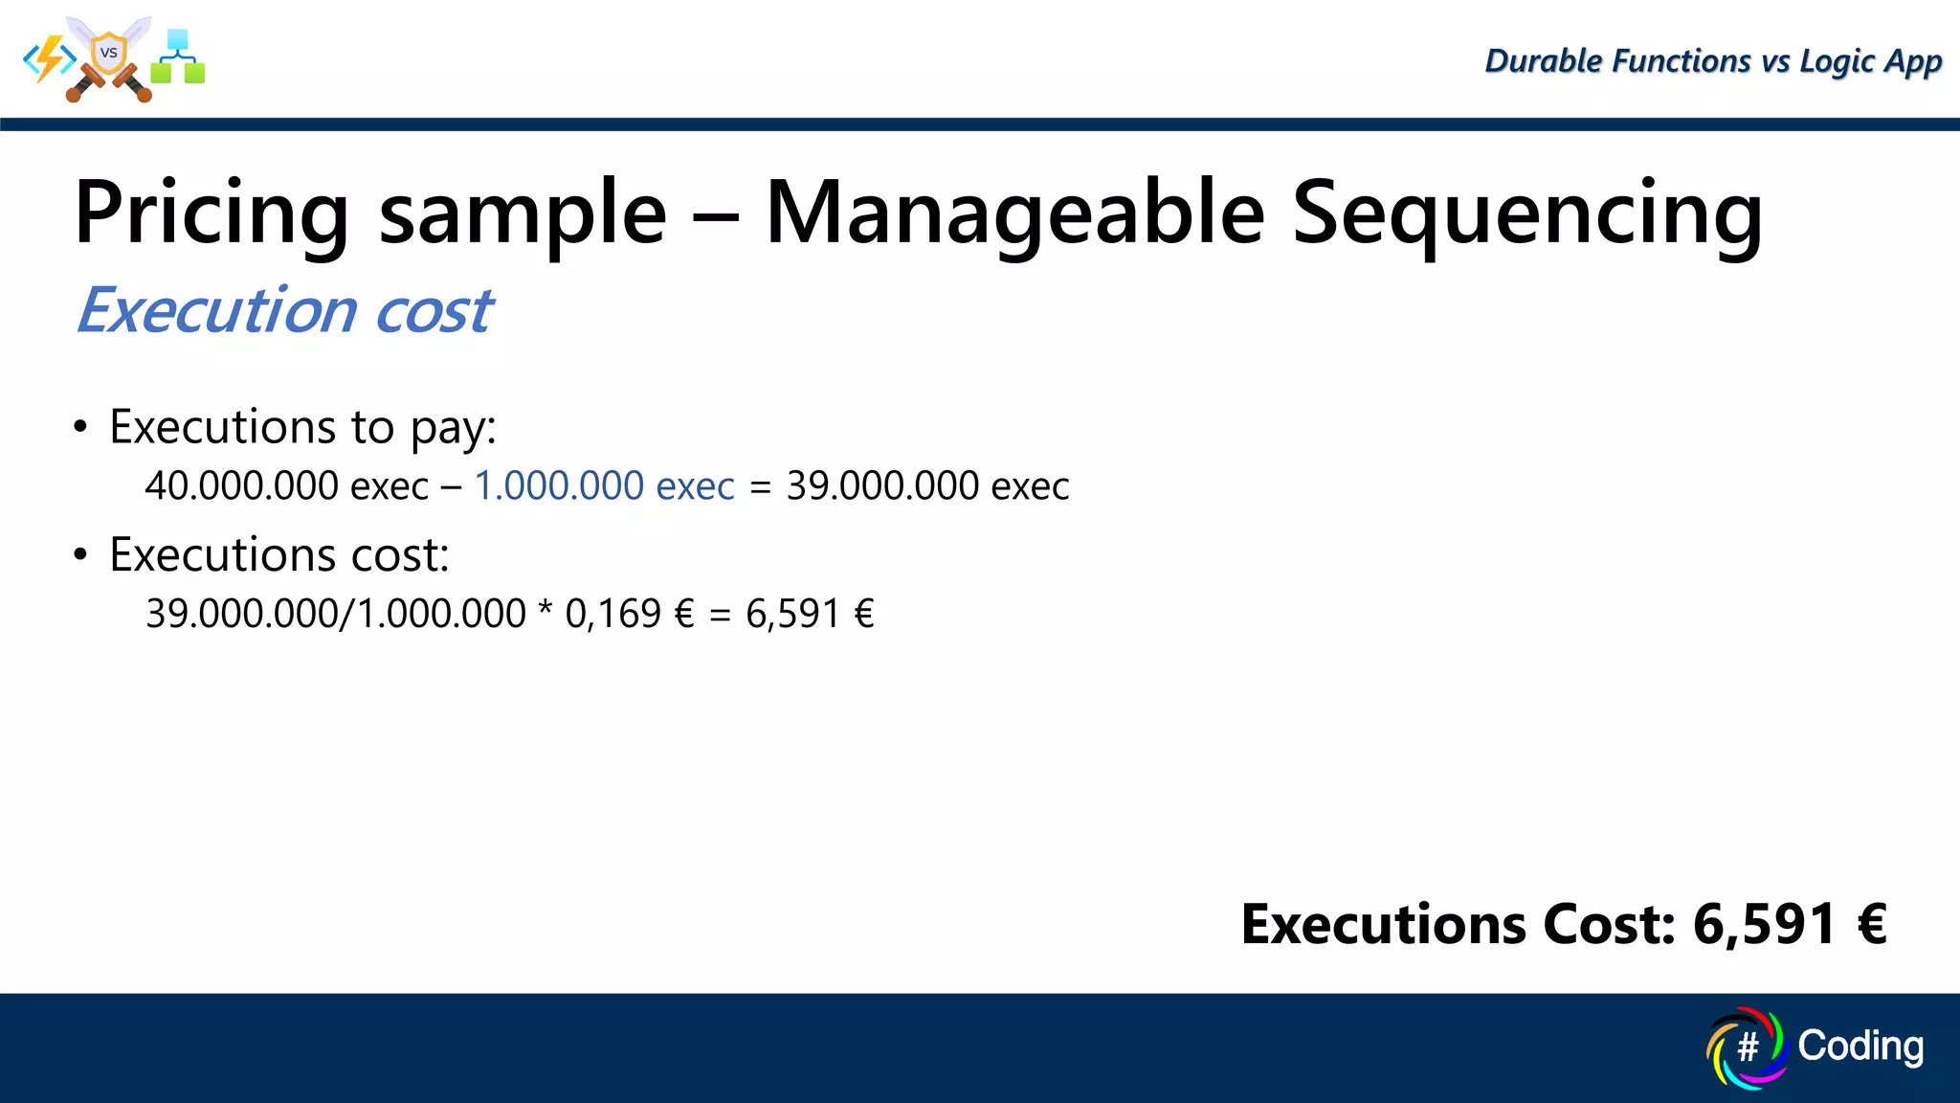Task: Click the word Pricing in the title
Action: tap(212, 215)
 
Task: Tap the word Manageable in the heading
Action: tap(1014, 215)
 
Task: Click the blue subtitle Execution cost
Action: tap(284, 311)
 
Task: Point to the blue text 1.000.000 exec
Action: tap(604, 486)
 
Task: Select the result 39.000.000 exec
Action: tap(927, 486)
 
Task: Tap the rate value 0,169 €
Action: tap(629, 614)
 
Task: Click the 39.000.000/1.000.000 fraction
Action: tap(335, 614)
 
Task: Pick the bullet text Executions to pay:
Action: tap(302, 427)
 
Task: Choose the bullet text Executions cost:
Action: tap(278, 555)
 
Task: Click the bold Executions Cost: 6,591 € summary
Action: tap(1563, 925)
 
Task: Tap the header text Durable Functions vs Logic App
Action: tap(1712, 61)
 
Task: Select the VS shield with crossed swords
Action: tap(109, 57)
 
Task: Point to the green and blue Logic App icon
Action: tap(178, 57)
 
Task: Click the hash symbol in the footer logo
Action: tap(1747, 1047)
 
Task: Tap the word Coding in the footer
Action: tap(1860, 1046)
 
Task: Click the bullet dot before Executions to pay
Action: tap(80, 427)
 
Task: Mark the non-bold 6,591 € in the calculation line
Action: tap(810, 614)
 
